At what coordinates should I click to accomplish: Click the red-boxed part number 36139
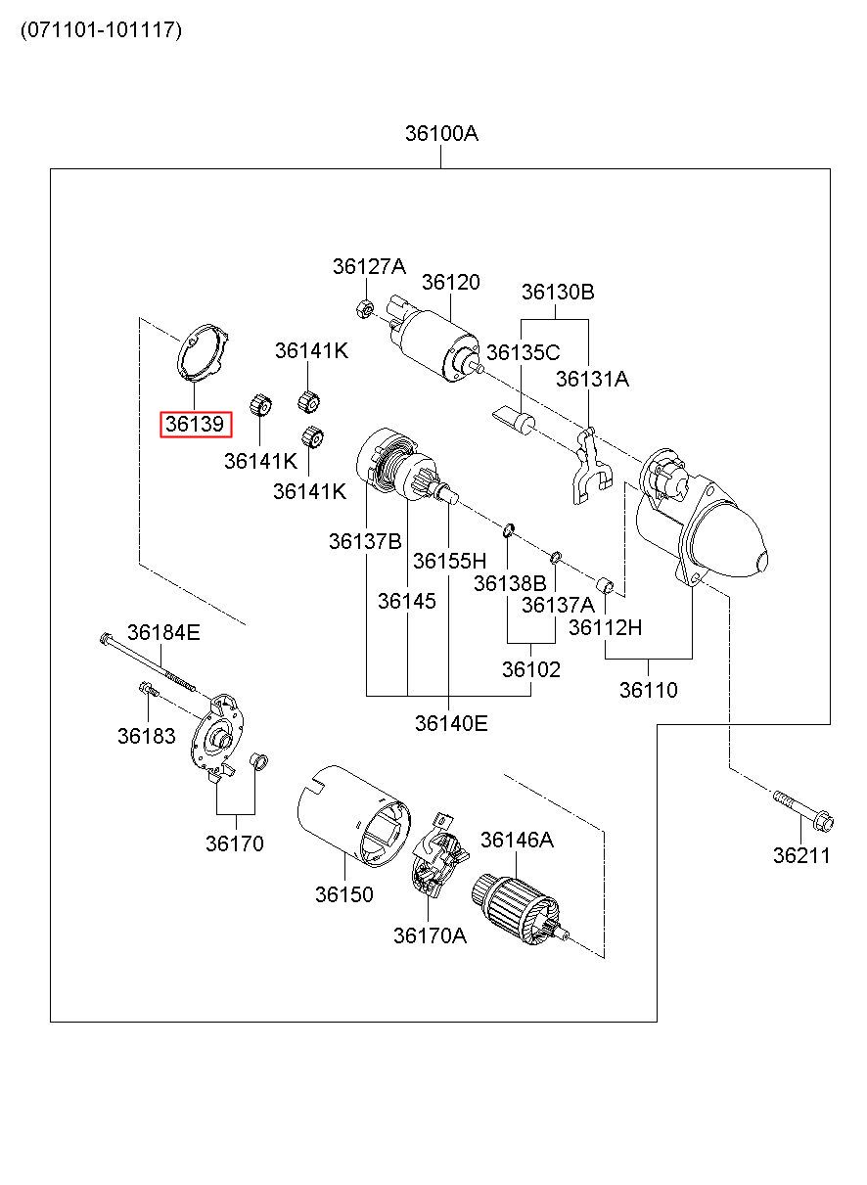click(196, 424)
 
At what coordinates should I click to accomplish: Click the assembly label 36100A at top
click(441, 134)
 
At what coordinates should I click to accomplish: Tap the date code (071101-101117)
click(101, 29)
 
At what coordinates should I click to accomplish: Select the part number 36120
click(451, 282)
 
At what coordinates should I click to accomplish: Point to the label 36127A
click(368, 266)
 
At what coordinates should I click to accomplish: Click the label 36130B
click(558, 292)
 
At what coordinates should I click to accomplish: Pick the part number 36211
click(800, 855)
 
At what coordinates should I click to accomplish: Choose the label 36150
click(343, 893)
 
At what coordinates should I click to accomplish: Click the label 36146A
click(517, 840)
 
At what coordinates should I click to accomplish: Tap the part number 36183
click(146, 736)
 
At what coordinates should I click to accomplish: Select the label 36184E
click(163, 633)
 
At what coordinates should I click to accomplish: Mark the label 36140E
click(450, 723)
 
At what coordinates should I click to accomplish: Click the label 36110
click(648, 690)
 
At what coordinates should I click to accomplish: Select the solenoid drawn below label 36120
click(435, 338)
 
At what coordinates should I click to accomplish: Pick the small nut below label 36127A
click(363, 308)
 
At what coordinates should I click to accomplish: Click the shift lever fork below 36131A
click(586, 465)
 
